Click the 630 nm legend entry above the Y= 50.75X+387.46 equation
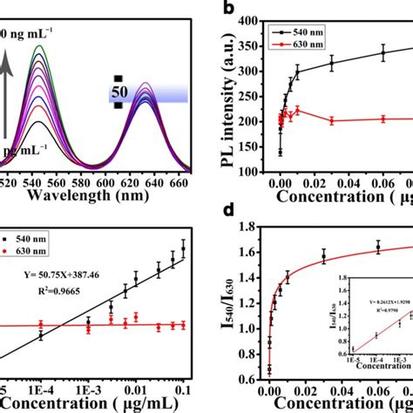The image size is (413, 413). [x=37, y=248]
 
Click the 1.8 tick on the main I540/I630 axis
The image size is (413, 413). [x=256, y=227]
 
